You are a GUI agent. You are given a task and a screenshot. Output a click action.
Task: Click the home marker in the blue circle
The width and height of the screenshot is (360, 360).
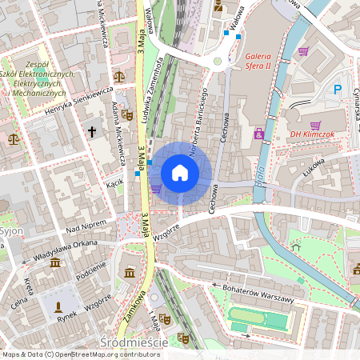pyautogui.click(x=180, y=173)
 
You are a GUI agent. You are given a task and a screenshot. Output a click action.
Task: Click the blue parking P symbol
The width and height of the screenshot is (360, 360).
pyautogui.click(x=337, y=90)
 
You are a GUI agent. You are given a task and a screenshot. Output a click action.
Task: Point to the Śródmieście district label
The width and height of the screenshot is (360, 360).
pyautogui.click(x=134, y=342)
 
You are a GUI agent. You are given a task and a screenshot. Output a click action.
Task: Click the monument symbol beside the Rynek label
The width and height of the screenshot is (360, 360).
pyautogui.click(x=58, y=306)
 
